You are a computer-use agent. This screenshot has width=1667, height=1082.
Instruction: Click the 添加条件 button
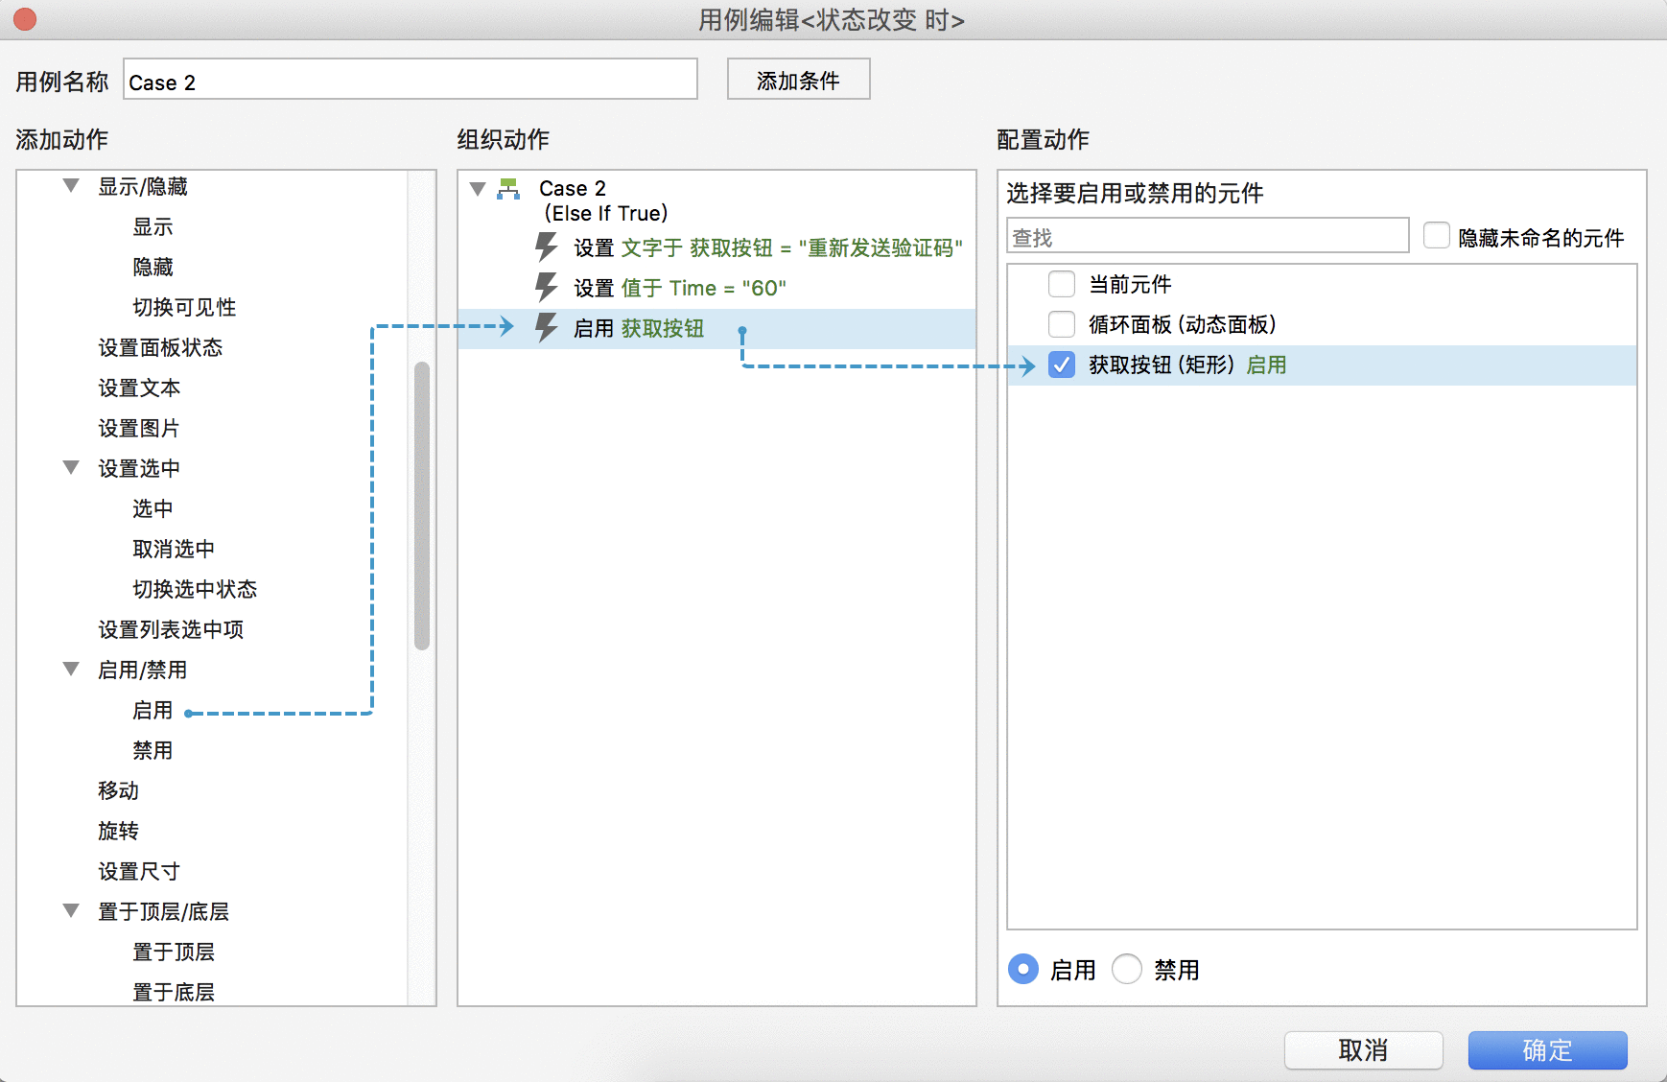(x=798, y=80)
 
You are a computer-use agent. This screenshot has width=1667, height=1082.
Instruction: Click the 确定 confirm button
(x=1547, y=1050)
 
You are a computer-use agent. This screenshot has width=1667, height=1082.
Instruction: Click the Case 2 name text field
(x=411, y=80)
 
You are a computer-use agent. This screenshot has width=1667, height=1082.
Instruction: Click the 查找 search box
(x=1208, y=236)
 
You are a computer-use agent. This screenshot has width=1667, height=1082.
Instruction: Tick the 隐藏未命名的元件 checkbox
(x=1437, y=235)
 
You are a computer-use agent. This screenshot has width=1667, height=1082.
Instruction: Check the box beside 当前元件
(x=1062, y=284)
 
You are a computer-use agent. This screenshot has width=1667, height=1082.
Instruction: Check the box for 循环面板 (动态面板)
(x=1062, y=324)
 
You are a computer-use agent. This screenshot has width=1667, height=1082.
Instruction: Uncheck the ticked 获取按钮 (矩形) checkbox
(x=1062, y=365)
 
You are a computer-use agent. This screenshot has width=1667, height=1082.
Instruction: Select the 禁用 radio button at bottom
(x=1127, y=969)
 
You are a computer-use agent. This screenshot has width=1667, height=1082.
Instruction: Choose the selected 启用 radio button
(x=1023, y=969)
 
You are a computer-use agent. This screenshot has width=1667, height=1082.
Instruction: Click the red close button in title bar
(x=25, y=19)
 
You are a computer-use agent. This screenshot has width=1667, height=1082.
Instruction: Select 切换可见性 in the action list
(x=184, y=307)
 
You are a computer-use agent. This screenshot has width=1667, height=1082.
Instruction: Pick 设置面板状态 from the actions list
(x=160, y=347)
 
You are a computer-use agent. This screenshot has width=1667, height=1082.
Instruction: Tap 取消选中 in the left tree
(x=174, y=549)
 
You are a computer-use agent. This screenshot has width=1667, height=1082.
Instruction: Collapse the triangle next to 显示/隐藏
(x=71, y=185)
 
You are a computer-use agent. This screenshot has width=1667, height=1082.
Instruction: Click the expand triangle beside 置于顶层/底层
(x=71, y=910)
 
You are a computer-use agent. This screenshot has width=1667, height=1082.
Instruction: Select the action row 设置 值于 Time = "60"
(x=680, y=288)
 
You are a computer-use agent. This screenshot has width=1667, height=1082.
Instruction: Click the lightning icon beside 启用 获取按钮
(x=546, y=327)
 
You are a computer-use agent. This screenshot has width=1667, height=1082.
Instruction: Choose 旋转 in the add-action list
(x=118, y=831)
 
